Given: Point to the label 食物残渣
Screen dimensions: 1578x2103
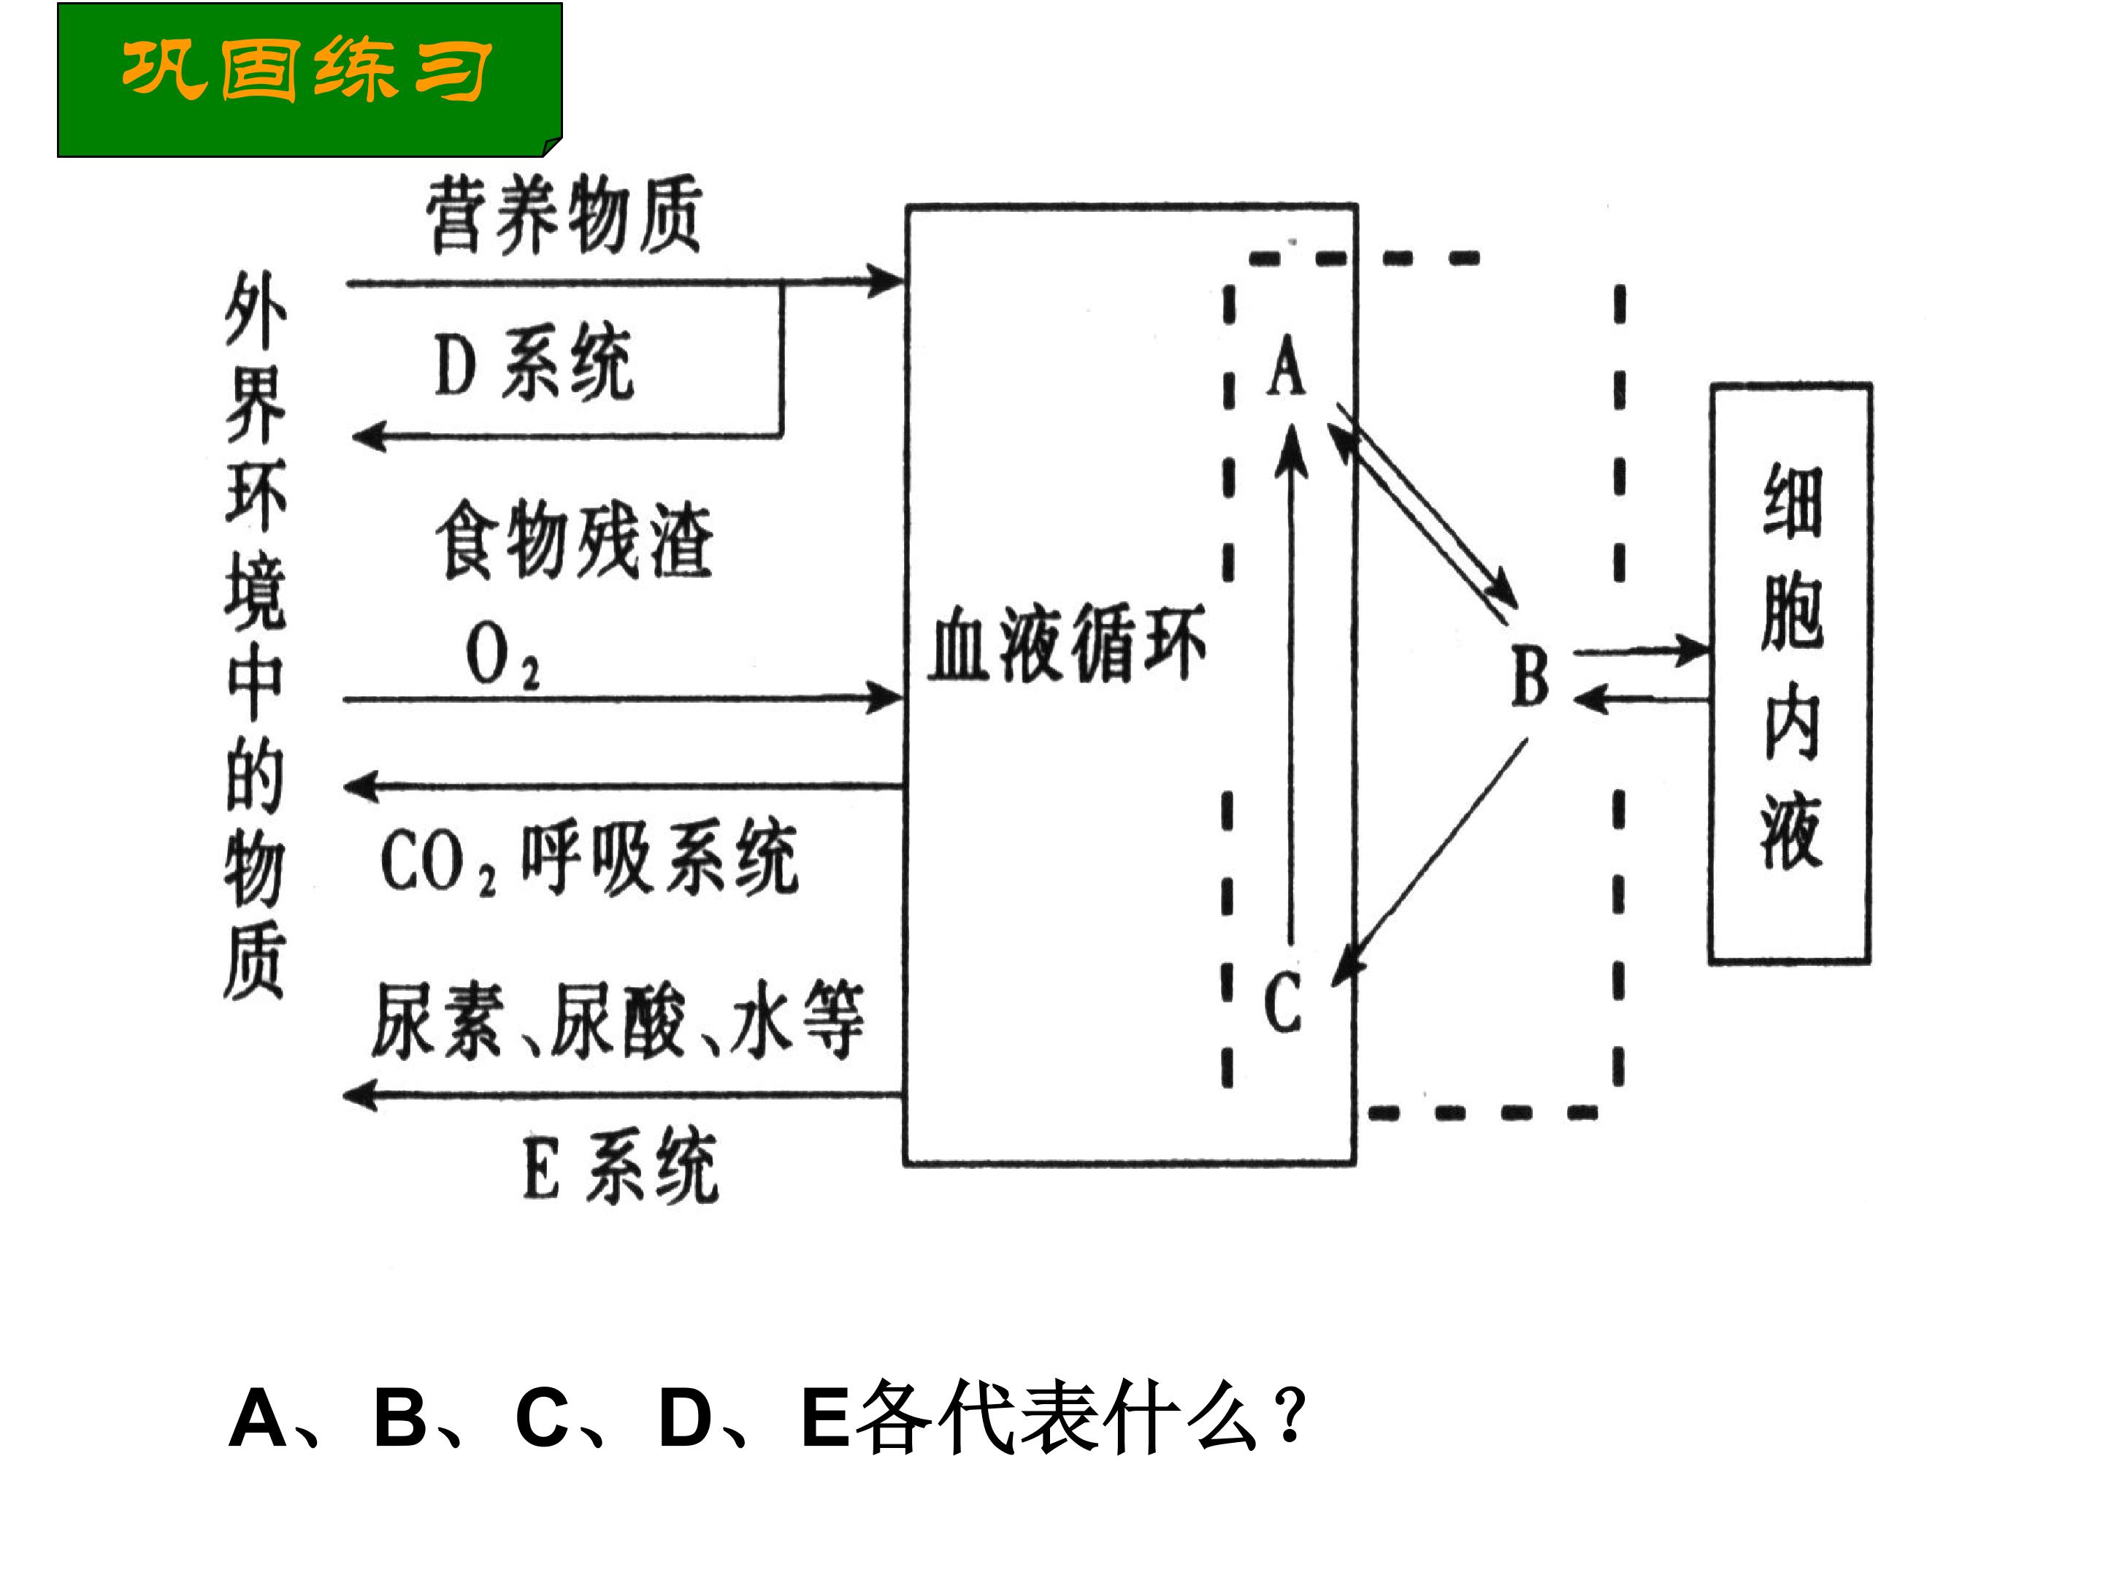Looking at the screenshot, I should [573, 541].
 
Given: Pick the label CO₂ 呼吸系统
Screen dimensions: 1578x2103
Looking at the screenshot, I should [589, 859].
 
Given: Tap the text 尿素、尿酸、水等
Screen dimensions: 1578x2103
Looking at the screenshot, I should [617, 1021].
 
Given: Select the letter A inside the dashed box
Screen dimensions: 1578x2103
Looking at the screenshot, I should [1287, 365].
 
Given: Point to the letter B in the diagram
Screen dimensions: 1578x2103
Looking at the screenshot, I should [1530, 676].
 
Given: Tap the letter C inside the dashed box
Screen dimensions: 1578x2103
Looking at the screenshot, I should [1282, 1001].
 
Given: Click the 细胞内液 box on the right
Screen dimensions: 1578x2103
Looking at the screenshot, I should [1790, 674].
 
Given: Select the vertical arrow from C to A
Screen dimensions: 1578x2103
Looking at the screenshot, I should [1290, 685].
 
